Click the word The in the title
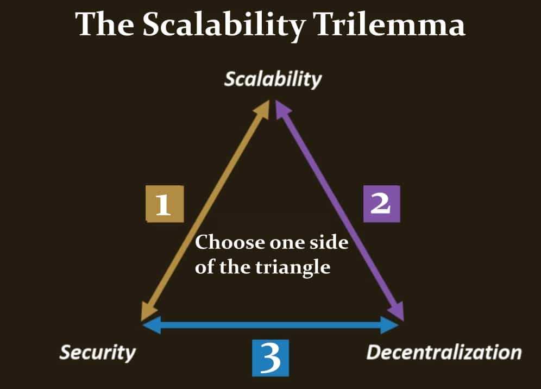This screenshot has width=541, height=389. coord(103,24)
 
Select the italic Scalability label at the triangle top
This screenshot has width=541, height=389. coord(273,79)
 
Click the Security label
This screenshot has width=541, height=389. coord(97,352)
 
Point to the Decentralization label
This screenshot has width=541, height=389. coord(444,352)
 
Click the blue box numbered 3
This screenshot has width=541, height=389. coord(270,357)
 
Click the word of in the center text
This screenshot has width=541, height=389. coord(204,267)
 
